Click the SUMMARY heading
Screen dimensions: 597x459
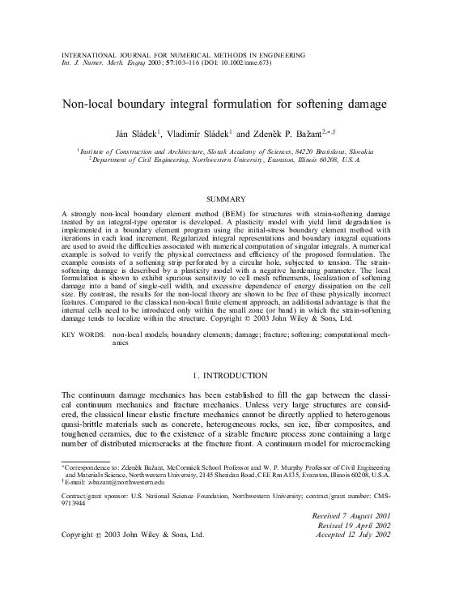coord(229,198)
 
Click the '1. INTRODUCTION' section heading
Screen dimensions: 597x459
coord(229,375)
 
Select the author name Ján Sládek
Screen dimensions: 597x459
coord(140,133)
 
